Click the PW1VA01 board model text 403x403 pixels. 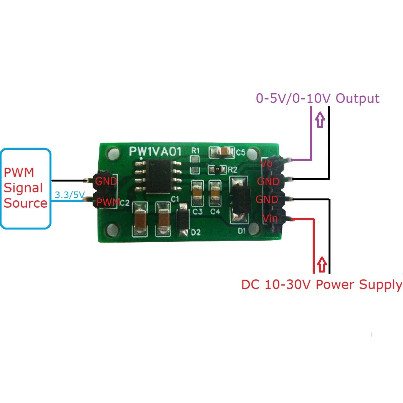(155, 151)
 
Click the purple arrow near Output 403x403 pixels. (320, 119)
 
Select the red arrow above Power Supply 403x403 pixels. (322, 264)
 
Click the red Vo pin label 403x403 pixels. (266, 163)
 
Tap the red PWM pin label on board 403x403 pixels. (107, 201)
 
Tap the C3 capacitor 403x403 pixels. (198, 194)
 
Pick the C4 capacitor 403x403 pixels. (215, 194)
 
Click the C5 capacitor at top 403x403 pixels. (221, 152)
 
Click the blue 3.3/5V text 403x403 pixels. (69, 195)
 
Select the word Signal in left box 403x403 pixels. (23, 188)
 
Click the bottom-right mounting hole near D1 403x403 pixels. (253, 230)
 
